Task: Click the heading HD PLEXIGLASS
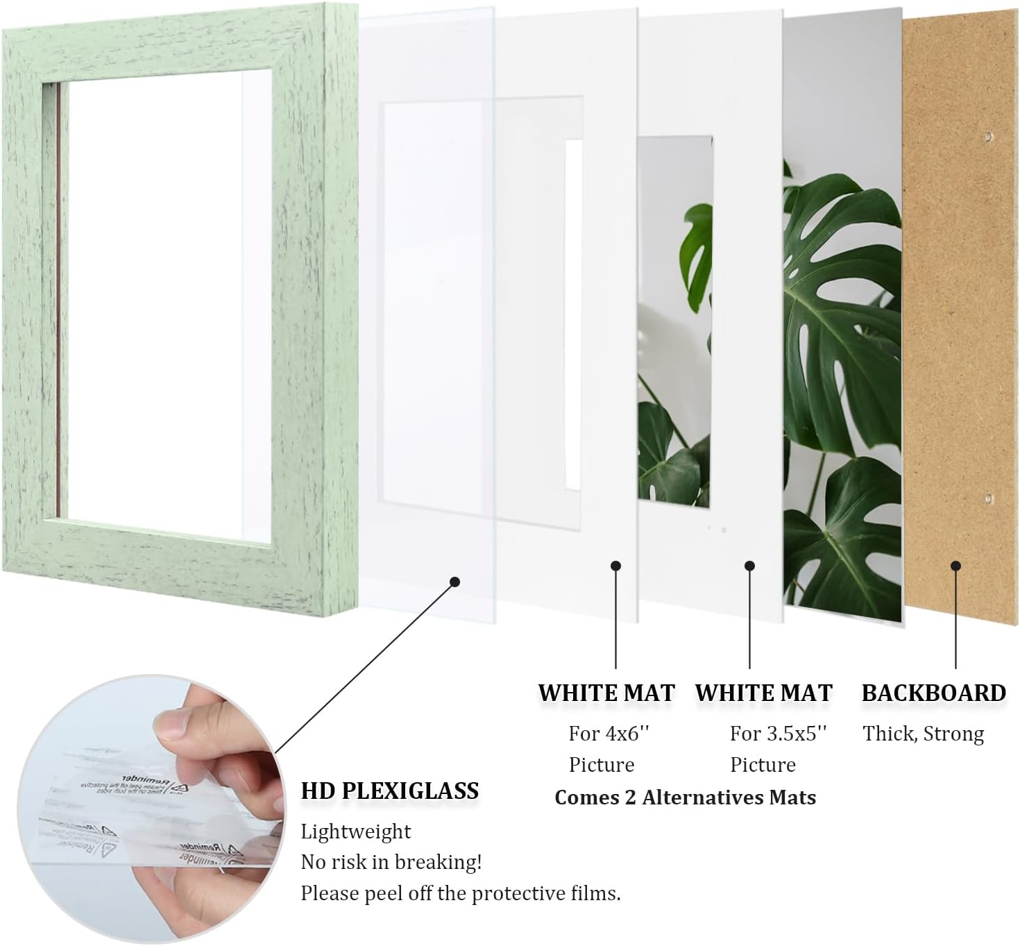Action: tap(389, 791)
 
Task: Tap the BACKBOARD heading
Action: tap(933, 693)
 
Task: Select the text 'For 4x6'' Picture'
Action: tap(608, 749)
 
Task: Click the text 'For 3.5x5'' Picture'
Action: tap(777, 749)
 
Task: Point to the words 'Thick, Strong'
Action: tap(923, 734)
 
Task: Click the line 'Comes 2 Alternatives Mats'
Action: tap(685, 797)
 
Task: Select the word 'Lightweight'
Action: tap(355, 831)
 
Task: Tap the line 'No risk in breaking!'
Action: tap(391, 862)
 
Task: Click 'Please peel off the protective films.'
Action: tap(460, 893)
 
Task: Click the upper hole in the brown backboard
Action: tap(987, 137)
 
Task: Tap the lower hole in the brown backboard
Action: tap(987, 498)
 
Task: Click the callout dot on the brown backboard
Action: tap(955, 566)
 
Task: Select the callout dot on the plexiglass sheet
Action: tap(455, 582)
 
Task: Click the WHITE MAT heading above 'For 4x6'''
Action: tap(606, 693)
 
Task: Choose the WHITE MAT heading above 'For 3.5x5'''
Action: tap(763, 693)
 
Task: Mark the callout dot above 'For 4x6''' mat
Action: tap(615, 566)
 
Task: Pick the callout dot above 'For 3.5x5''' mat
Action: tap(749, 566)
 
